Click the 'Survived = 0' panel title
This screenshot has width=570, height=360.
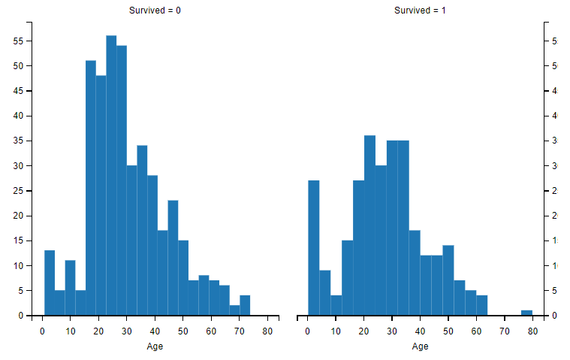154,11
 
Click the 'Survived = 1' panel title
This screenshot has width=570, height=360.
420,11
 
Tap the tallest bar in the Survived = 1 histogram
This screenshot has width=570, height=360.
369,225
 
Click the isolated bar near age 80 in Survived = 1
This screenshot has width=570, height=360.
526,313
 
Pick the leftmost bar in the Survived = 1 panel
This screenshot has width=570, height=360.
314,248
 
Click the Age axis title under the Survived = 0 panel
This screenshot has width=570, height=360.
154,346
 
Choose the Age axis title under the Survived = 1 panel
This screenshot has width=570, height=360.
420,346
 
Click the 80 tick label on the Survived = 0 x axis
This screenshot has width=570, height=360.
267,330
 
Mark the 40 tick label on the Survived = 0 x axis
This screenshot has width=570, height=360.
155,330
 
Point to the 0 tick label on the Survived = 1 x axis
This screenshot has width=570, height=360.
308,330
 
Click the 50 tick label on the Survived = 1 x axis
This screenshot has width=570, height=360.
448,330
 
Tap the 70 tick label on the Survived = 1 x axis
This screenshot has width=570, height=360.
505,330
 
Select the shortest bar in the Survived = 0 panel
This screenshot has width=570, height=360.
234,310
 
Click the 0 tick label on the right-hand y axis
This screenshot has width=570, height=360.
553,316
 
